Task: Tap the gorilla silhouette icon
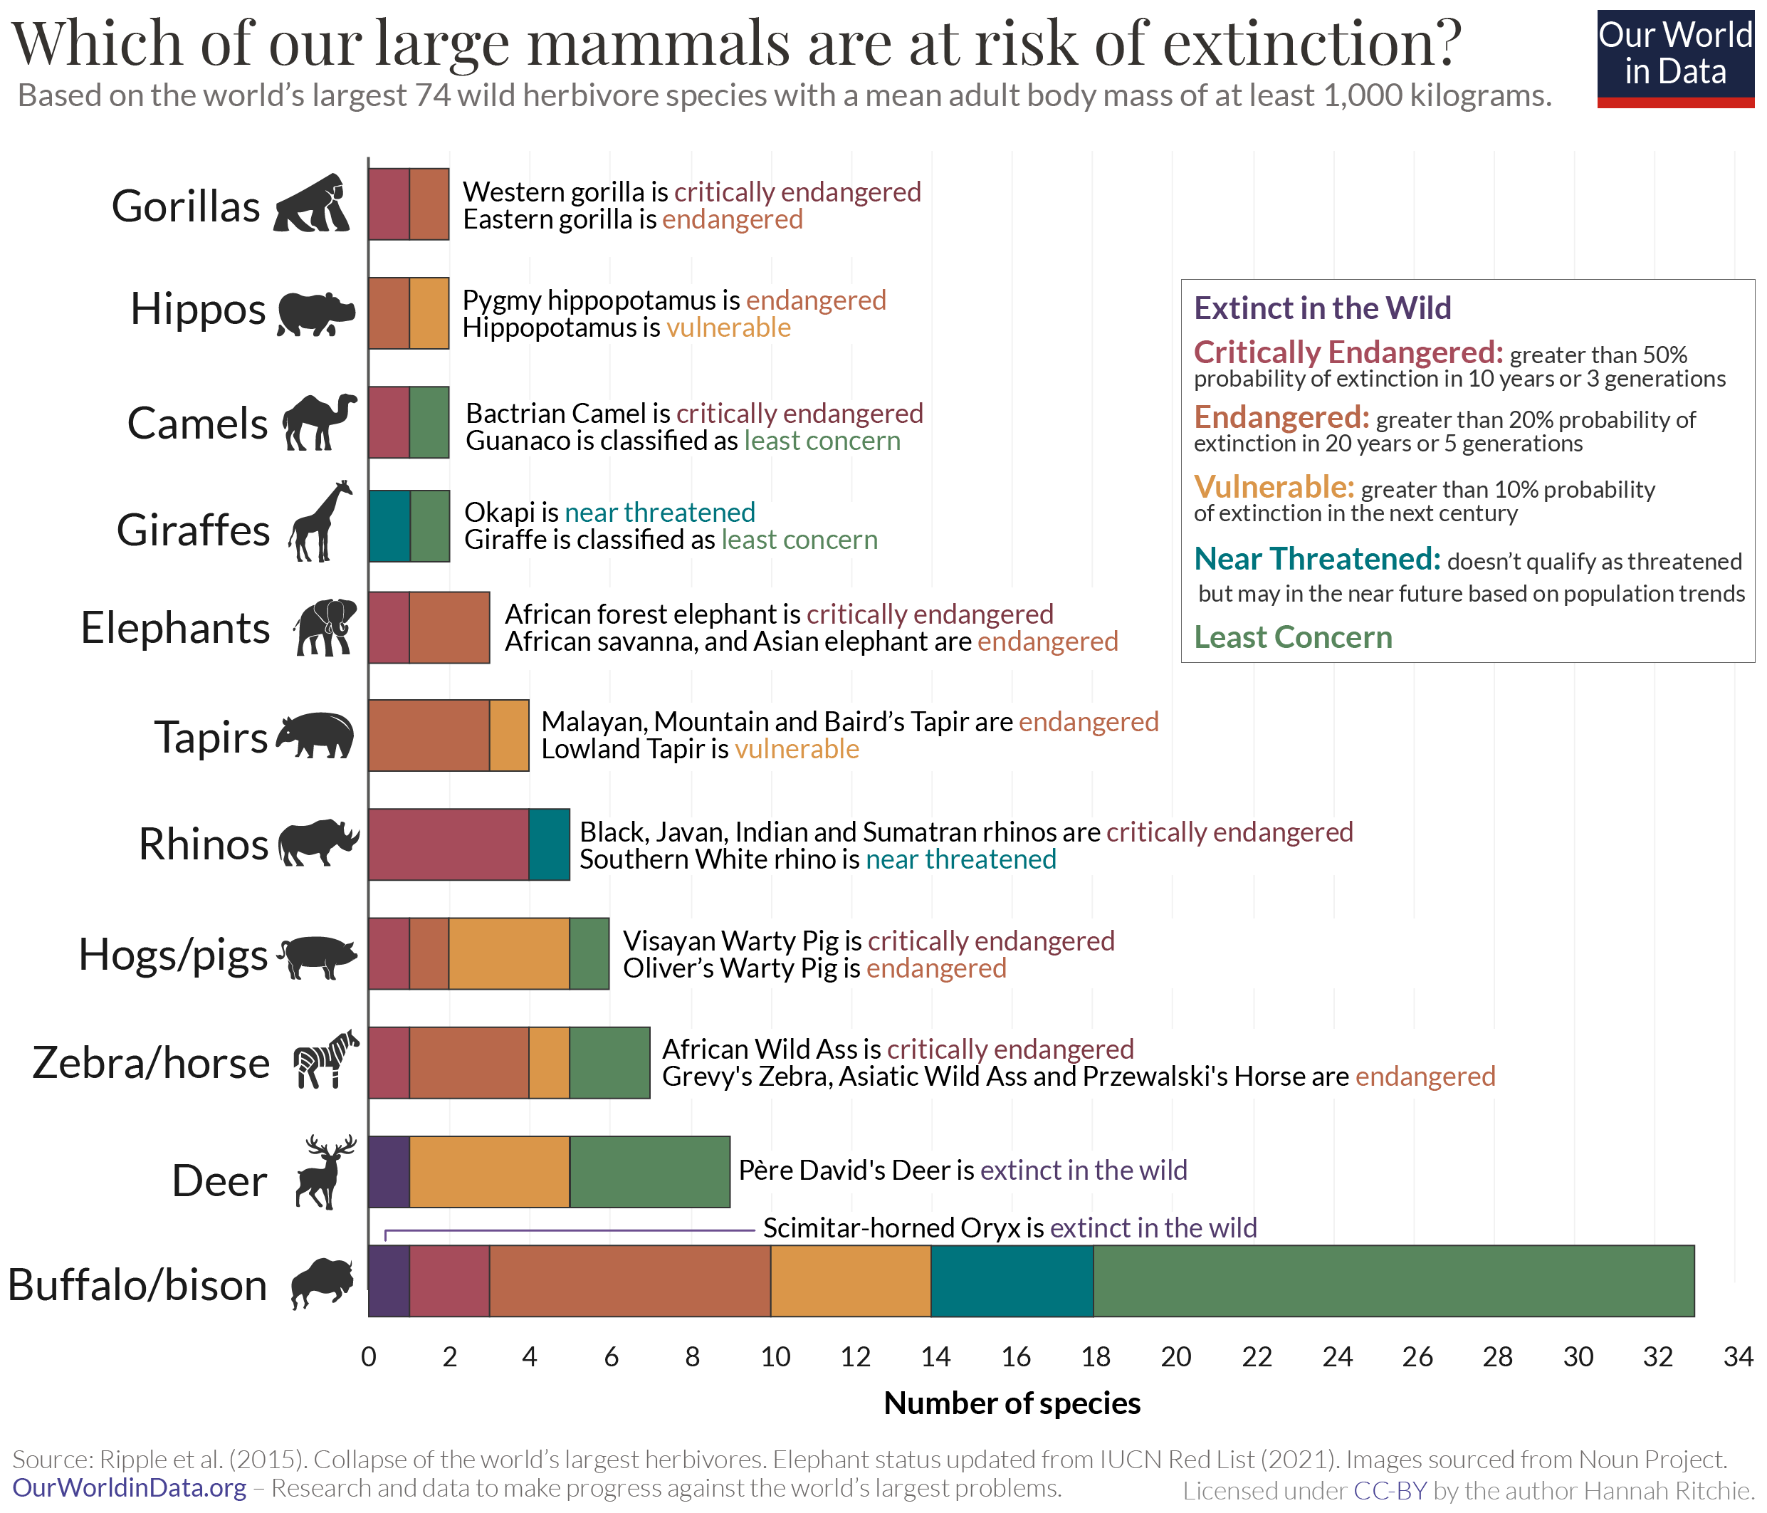312,204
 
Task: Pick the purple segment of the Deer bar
389,1171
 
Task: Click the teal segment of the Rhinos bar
548,844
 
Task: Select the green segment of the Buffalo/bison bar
1393,1280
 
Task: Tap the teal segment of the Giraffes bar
389,525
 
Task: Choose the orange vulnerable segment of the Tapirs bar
509,735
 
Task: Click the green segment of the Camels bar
429,422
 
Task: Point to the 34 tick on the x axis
1737,1357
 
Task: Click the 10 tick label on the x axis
775,1357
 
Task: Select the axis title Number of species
1012,1403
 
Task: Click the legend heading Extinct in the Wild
1322,308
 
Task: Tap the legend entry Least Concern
1293,637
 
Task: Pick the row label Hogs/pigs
173,954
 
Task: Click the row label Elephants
175,628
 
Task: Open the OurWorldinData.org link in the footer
130,1488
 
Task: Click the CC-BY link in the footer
1390,1491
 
